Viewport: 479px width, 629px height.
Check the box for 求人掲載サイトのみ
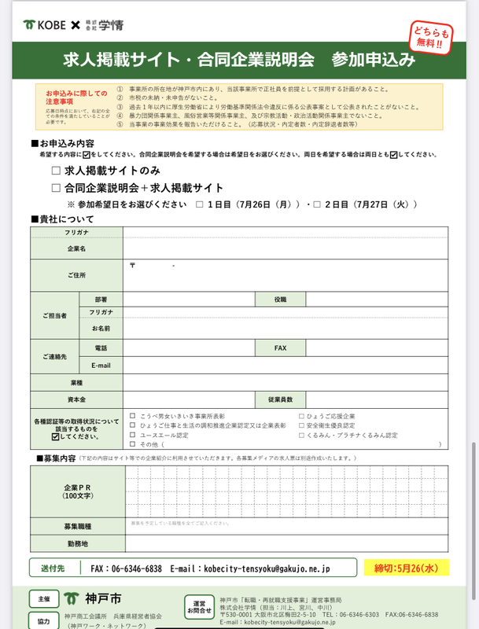[56, 170]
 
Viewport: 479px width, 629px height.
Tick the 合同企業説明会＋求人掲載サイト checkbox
[56, 188]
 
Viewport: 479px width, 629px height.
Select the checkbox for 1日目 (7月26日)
[199, 204]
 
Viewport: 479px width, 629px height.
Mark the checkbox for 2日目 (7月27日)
[317, 204]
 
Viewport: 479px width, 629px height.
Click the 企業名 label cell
[76, 248]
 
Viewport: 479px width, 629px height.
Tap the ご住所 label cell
[76, 275]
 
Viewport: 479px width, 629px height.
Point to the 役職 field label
[280, 300]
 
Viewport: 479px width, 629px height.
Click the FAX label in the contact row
[280, 348]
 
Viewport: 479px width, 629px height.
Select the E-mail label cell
[101, 366]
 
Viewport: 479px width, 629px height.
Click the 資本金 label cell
[76, 400]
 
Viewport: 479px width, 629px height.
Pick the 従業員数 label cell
[280, 400]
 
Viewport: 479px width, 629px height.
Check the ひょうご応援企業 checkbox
[302, 416]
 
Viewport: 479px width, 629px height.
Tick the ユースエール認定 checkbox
[133, 435]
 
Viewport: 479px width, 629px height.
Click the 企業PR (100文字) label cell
[77, 491]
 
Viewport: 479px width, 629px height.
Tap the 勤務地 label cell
[77, 543]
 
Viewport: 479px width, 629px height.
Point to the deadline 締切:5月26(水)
[399, 567]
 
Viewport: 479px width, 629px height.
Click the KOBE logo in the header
[46, 25]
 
